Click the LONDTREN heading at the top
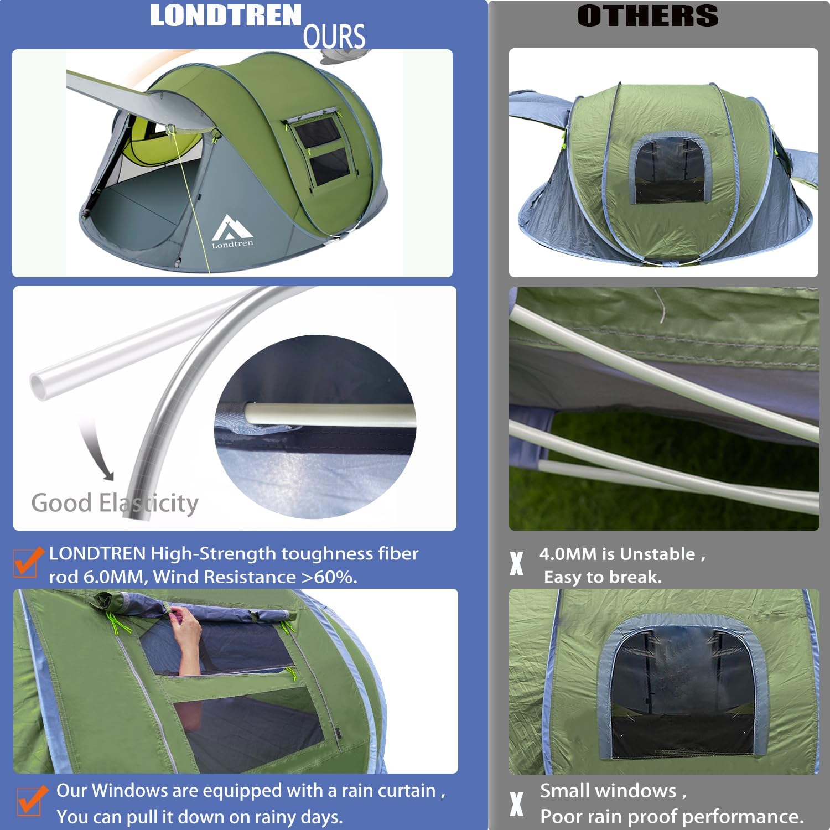click(225, 15)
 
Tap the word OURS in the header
click(334, 37)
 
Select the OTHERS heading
click(647, 15)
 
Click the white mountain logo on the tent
click(232, 227)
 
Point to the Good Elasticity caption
click(115, 503)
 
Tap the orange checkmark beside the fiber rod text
click(28, 562)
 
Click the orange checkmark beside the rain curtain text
click(32, 801)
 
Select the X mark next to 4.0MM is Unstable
click(516, 564)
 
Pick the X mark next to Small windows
click(516, 804)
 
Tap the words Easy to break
click(603, 577)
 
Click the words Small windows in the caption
click(608, 791)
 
